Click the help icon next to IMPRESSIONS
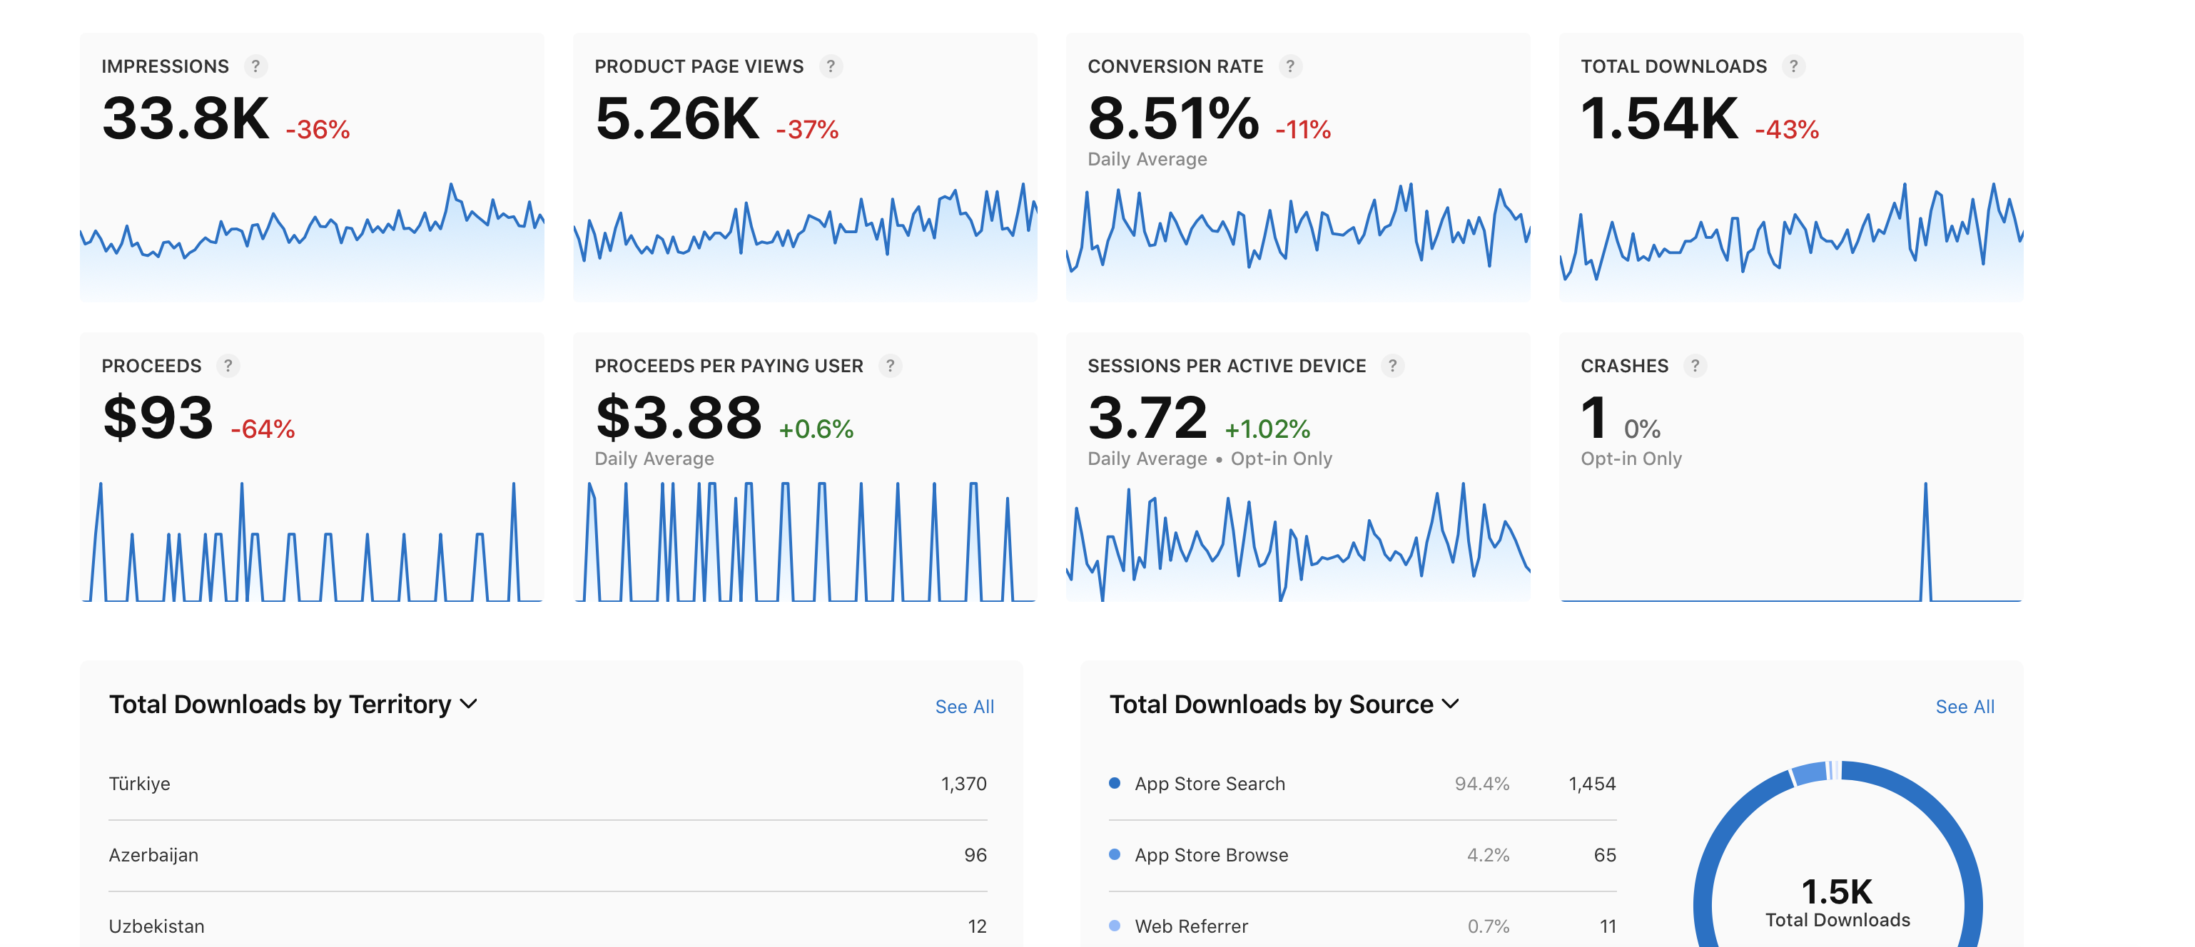pyautogui.click(x=255, y=66)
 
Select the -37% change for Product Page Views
pyautogui.click(x=807, y=130)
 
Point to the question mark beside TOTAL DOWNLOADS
pyautogui.click(x=1794, y=66)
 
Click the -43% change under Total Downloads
pyautogui.click(x=1787, y=130)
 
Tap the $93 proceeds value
pyautogui.click(x=158, y=417)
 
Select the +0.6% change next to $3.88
pyautogui.click(x=816, y=429)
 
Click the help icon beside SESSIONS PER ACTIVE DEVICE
pyautogui.click(x=1392, y=367)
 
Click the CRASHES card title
pyautogui.click(x=1624, y=367)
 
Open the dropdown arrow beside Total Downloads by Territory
pyautogui.click(x=469, y=705)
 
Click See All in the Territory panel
pyautogui.click(x=965, y=707)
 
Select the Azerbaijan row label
pyautogui.click(x=153, y=855)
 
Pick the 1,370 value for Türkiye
pyautogui.click(x=964, y=784)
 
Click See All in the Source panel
pyautogui.click(x=1965, y=707)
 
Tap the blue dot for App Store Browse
pyautogui.click(x=1115, y=854)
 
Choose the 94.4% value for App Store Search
pyautogui.click(x=1482, y=784)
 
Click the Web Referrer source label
pyautogui.click(x=1191, y=926)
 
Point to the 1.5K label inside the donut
pyautogui.click(x=1837, y=891)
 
